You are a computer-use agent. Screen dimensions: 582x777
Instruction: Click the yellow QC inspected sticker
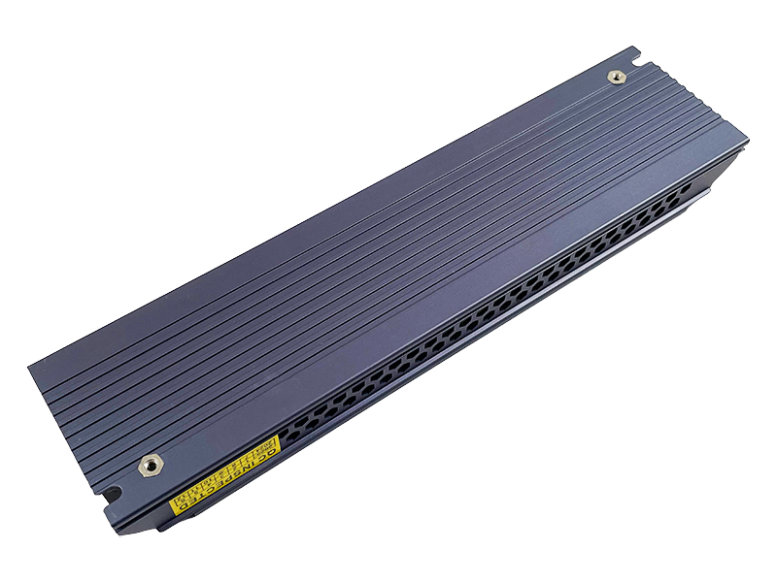pyautogui.click(x=224, y=474)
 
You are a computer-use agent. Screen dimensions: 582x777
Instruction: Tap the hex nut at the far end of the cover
pyautogui.click(x=615, y=77)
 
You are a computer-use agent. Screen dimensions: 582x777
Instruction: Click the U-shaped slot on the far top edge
pyautogui.click(x=634, y=50)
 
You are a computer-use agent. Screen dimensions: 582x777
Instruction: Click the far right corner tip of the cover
pyautogui.click(x=749, y=139)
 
